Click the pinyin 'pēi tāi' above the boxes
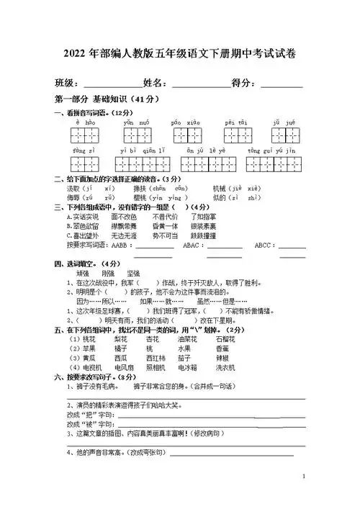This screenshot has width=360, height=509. tap(235, 123)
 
